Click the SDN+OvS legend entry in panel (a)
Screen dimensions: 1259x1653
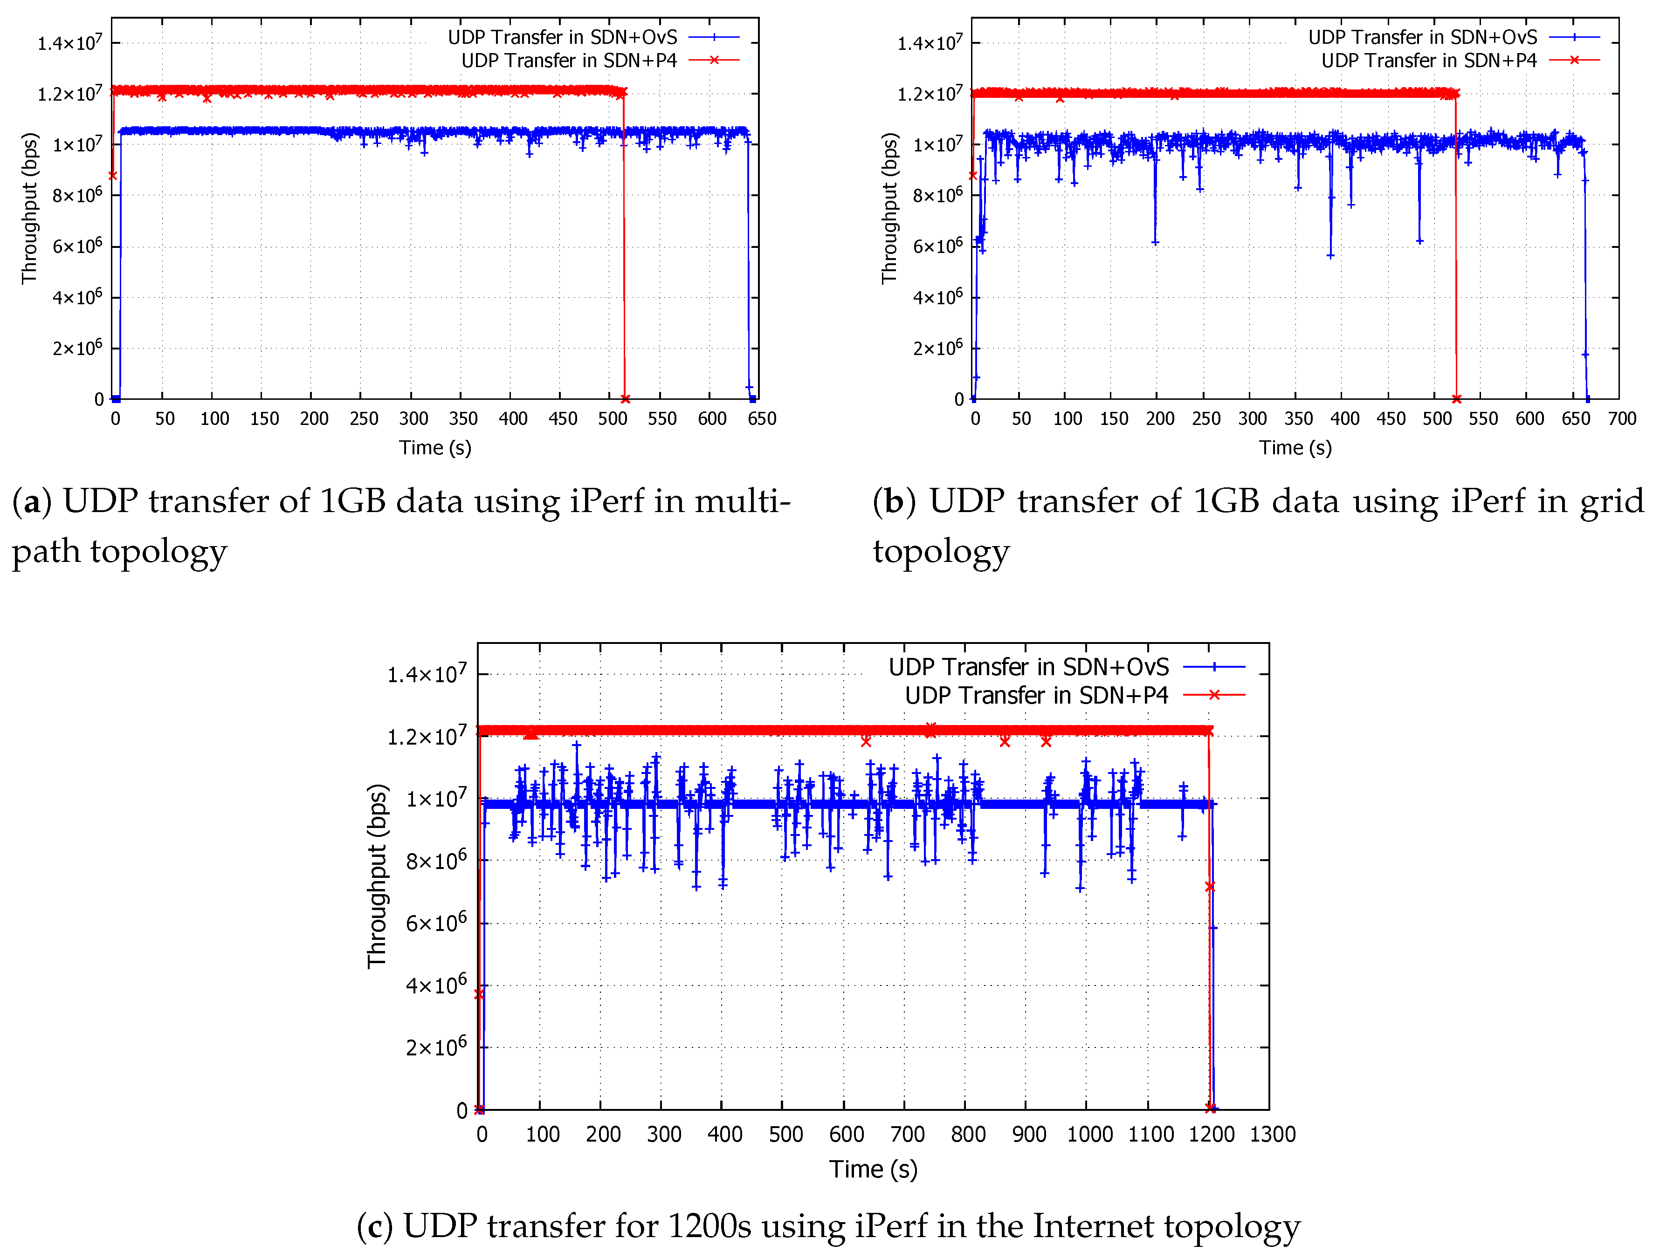(x=562, y=37)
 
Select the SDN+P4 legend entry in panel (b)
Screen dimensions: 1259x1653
(x=1428, y=60)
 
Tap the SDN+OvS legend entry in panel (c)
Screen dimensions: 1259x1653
(x=1028, y=666)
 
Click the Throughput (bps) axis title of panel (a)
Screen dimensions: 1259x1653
(x=29, y=208)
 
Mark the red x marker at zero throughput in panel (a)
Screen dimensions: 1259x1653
(x=625, y=399)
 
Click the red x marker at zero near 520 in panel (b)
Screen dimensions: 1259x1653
(x=1456, y=399)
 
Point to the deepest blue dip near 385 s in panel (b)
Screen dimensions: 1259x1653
(x=1330, y=255)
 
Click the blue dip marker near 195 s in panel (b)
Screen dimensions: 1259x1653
(x=1155, y=242)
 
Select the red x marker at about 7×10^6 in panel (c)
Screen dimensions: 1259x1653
(x=1209, y=887)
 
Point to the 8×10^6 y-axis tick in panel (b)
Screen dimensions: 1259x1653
(x=937, y=195)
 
